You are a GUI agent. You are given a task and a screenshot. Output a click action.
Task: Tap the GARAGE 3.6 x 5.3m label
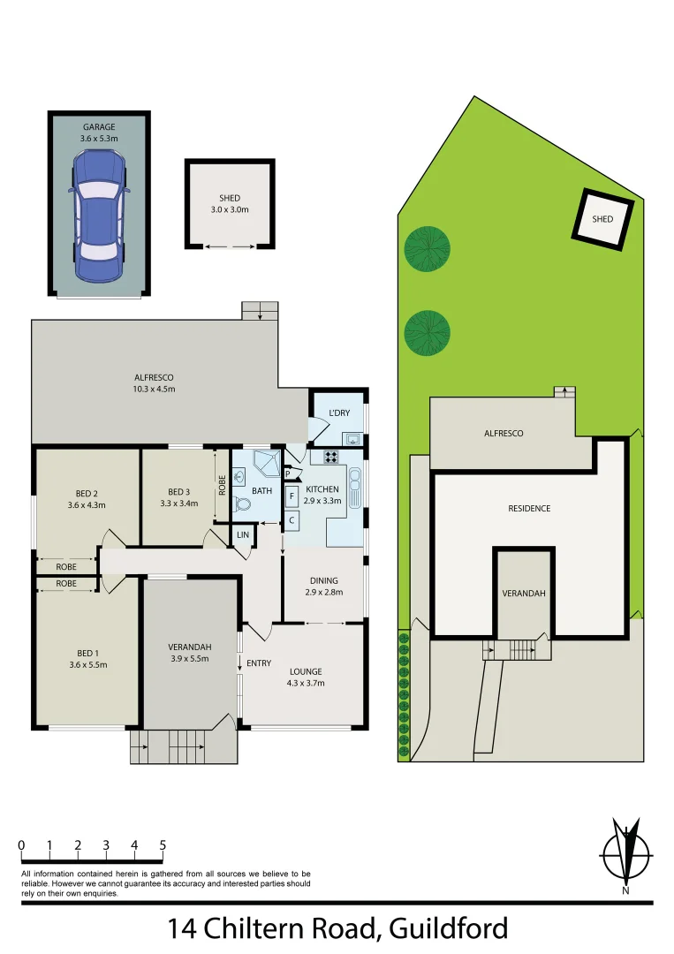tap(99, 132)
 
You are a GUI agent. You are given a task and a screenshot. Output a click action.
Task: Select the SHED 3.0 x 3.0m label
tap(230, 204)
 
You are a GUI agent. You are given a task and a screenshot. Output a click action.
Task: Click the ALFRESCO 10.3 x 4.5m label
tap(155, 382)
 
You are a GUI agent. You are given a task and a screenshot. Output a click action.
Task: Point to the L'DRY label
tap(339, 413)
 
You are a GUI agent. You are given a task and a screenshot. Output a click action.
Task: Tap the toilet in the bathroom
tap(243, 505)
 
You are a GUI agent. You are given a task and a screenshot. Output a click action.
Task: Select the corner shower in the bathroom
tap(267, 463)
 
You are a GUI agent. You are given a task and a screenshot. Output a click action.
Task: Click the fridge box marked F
tap(292, 497)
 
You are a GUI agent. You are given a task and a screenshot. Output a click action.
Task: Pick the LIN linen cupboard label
tap(241, 535)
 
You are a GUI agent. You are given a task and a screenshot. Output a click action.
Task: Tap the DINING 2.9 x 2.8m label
tap(324, 586)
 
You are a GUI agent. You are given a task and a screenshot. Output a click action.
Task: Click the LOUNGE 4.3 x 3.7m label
tap(306, 677)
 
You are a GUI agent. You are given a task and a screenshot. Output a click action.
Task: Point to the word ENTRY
tap(259, 663)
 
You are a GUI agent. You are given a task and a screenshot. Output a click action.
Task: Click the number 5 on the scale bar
tap(163, 845)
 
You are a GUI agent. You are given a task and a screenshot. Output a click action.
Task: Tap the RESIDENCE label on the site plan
tap(529, 508)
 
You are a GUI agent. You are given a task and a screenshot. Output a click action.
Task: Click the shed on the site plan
tap(602, 218)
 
